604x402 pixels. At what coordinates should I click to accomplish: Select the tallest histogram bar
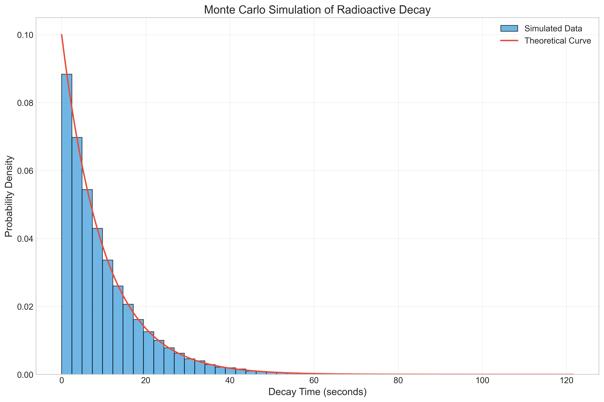[x=66, y=224]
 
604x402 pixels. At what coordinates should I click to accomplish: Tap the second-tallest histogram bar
[x=77, y=256]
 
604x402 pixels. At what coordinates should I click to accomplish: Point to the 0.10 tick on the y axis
[x=25, y=35]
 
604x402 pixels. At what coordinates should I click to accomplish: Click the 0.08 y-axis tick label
[x=25, y=103]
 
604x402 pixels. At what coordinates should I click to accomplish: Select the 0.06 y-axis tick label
[x=25, y=171]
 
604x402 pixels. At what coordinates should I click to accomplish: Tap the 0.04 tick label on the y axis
[x=25, y=239]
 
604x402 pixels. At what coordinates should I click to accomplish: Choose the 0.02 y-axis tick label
[x=25, y=307]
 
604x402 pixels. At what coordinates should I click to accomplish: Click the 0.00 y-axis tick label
[x=25, y=375]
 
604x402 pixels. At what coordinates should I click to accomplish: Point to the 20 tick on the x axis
[x=146, y=381]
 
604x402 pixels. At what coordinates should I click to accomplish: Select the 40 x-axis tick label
[x=230, y=381]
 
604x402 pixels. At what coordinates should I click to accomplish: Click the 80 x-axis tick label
[x=398, y=381]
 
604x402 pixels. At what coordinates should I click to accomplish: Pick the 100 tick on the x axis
[x=482, y=381]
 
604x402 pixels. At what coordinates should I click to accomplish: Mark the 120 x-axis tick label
[x=566, y=381]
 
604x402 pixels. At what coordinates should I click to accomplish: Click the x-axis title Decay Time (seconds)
[x=318, y=392]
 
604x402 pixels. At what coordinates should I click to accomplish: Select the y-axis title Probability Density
[x=9, y=196]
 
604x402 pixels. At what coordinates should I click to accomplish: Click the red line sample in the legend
[x=509, y=41]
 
